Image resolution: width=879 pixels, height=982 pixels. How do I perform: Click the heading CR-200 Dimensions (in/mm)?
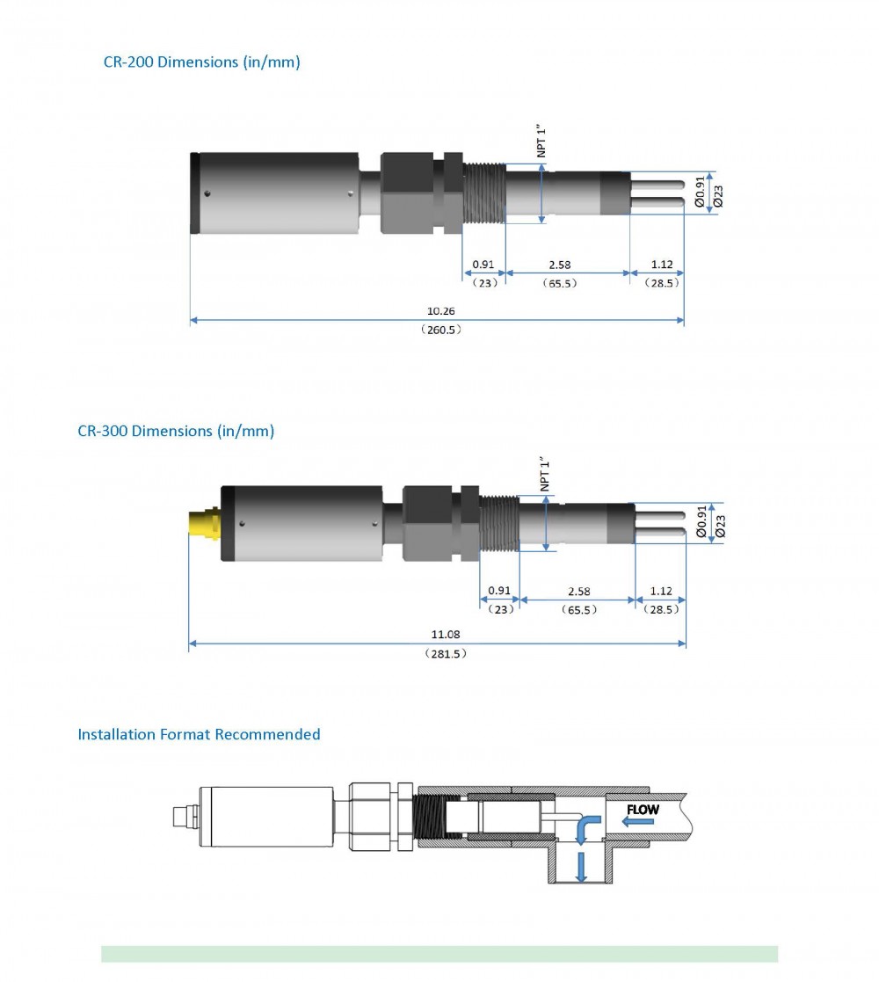pos(201,62)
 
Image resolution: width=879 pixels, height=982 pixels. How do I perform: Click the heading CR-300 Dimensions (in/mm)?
pos(176,431)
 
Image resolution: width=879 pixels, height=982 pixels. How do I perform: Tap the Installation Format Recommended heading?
pos(199,734)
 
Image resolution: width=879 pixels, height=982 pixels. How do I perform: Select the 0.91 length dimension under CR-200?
pos(483,264)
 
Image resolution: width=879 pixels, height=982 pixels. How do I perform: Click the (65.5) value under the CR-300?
pos(580,609)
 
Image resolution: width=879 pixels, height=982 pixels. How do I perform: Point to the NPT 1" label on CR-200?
pos(542,141)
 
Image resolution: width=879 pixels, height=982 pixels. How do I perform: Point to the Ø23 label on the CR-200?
pos(719,196)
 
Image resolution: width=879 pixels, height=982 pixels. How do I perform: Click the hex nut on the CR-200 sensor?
pos(407,193)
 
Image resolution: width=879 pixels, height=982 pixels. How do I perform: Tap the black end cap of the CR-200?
pos(195,193)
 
